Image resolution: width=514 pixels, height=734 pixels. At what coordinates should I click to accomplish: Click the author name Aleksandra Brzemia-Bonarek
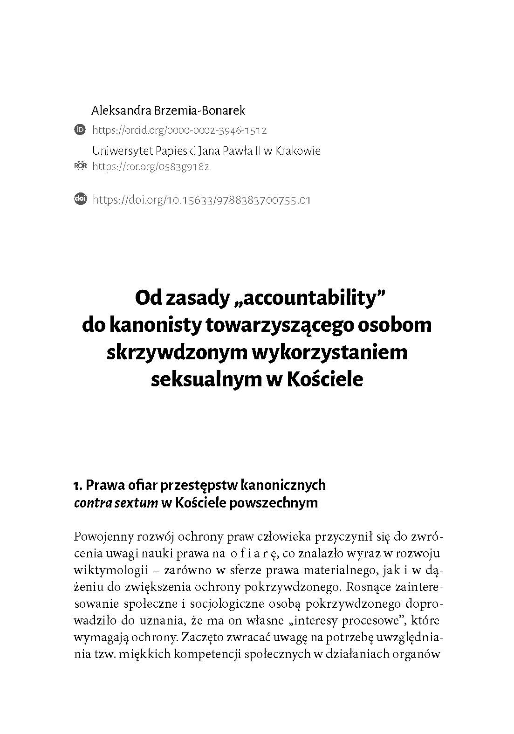[x=168, y=110]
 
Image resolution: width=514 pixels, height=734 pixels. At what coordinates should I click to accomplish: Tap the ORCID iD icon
[x=80, y=130]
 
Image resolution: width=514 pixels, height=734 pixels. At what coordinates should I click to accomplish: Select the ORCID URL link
[x=179, y=130]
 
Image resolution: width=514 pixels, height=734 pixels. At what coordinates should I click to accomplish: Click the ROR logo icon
[x=80, y=165]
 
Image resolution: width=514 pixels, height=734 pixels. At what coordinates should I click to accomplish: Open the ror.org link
[x=151, y=166]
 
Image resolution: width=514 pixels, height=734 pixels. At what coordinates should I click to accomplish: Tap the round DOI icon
[x=80, y=199]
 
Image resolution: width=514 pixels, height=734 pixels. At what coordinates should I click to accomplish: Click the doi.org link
[x=201, y=200]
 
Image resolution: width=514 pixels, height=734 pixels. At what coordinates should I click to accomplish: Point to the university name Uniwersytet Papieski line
[x=206, y=151]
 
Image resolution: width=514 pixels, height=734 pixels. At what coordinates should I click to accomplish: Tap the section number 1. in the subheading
[x=78, y=485]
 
